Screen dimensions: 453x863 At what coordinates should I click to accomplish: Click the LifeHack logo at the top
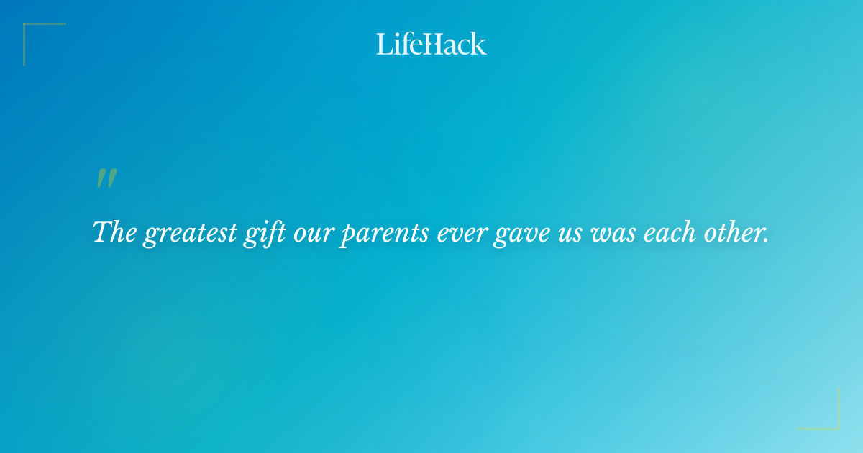431,44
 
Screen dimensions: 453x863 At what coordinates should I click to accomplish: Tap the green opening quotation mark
106,179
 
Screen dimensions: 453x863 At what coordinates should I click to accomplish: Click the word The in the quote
115,232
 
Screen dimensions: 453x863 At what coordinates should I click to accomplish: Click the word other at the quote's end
734,233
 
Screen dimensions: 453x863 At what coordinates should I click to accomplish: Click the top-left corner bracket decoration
32,32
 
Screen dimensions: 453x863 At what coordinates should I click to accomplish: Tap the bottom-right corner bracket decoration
831,421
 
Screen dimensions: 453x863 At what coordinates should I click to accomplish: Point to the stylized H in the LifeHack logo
433,44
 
